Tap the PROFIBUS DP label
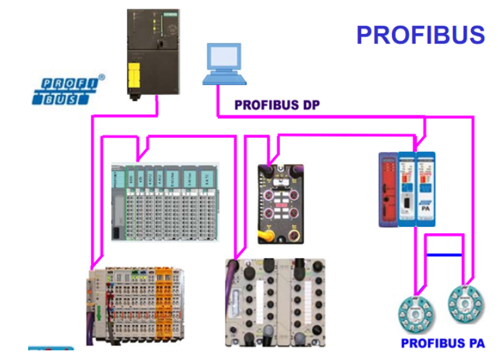click(277, 104)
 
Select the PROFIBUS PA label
click(443, 343)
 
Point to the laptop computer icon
click(224, 64)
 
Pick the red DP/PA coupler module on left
click(387, 189)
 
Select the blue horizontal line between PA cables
click(444, 255)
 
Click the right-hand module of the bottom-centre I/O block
click(301, 302)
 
